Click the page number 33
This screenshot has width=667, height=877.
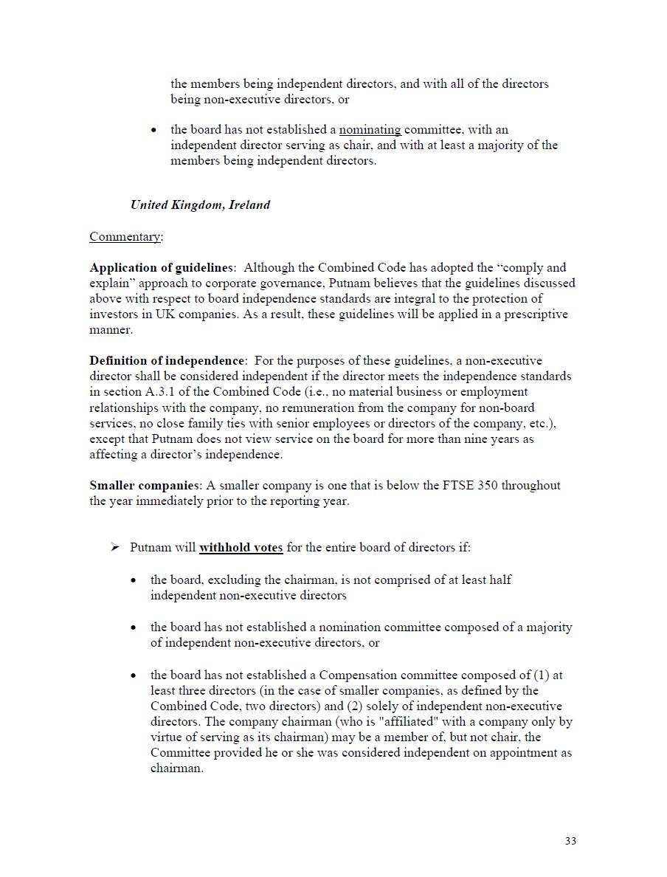tap(570, 841)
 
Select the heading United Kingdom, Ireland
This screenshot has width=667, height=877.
tap(200, 204)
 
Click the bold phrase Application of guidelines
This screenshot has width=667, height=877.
tap(162, 267)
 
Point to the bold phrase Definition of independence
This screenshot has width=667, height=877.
tap(167, 360)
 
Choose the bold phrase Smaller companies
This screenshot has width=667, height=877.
tap(145, 485)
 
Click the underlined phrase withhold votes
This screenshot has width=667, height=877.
tap(241, 547)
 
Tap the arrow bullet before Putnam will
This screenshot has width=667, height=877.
tap(114, 547)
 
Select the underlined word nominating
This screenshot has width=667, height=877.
tap(370, 129)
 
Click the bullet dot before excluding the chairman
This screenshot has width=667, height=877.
tap(134, 580)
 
